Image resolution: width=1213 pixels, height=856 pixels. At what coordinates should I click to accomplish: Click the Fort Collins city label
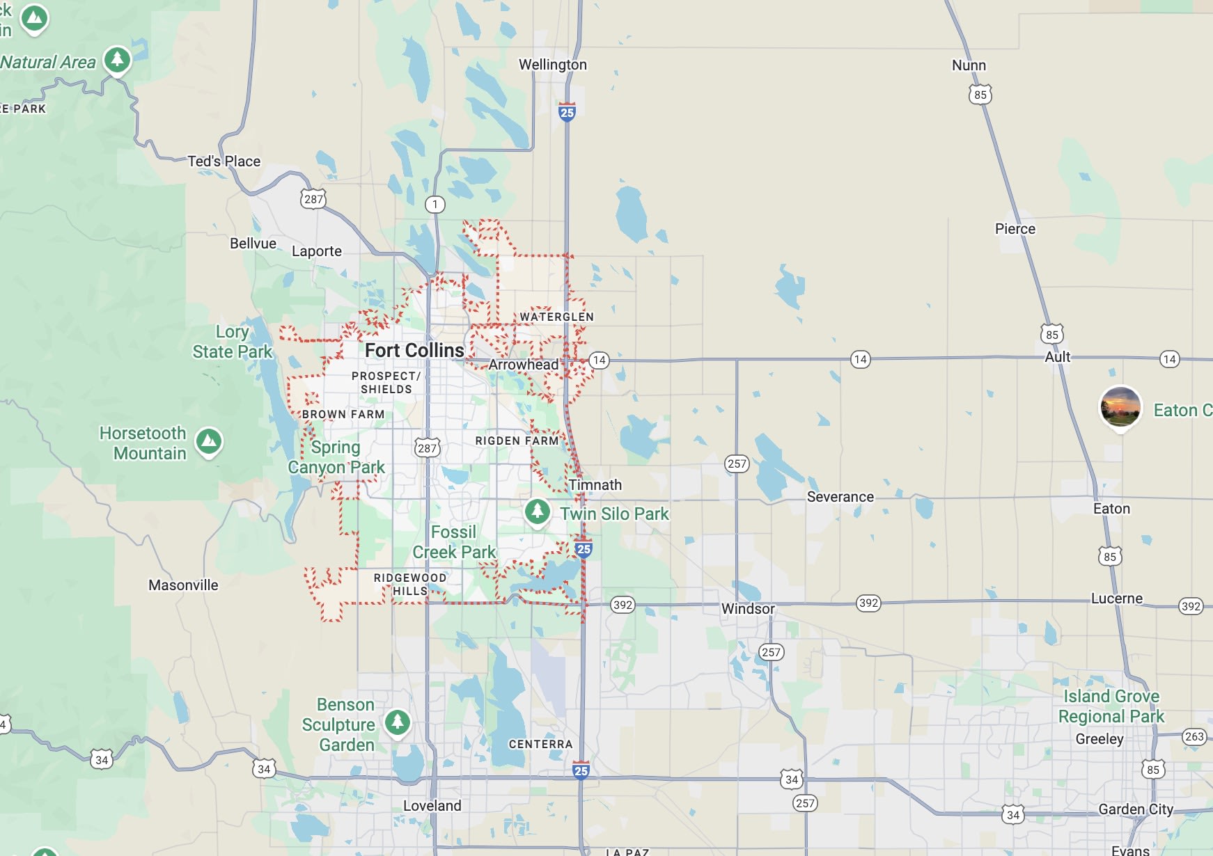point(414,350)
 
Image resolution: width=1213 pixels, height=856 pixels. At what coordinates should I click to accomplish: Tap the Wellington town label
point(553,65)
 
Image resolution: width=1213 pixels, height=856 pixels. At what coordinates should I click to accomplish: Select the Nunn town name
point(969,65)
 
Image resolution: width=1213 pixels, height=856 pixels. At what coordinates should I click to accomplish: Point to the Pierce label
point(1015,229)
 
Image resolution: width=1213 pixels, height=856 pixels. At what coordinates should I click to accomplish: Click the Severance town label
point(840,497)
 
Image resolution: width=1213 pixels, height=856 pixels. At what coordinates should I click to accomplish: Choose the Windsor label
point(748,609)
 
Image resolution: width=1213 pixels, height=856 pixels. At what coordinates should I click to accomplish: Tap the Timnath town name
point(595,485)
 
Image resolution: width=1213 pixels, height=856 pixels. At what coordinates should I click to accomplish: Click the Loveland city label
point(432,806)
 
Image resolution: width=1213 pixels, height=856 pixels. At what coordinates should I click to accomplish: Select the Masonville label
point(183,585)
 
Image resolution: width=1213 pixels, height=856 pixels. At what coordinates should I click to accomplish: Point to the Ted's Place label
point(224,161)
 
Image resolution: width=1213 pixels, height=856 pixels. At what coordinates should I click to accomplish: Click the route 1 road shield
point(435,205)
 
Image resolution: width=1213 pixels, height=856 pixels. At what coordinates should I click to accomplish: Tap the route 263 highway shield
point(1194,736)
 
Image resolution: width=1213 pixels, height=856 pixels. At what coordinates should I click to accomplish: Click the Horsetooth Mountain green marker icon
point(209,441)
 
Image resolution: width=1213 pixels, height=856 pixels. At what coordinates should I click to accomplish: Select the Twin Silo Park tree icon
point(538,512)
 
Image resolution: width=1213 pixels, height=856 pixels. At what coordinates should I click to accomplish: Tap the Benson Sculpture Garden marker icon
point(398,721)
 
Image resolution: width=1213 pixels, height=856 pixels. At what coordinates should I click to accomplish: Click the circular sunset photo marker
point(1120,406)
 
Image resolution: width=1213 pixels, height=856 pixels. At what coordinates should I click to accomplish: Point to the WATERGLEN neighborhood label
point(556,317)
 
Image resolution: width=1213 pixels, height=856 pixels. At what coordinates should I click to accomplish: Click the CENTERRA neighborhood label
point(540,745)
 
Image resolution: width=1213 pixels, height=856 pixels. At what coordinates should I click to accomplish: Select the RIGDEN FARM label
point(517,441)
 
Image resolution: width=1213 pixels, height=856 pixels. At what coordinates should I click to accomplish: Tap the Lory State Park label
point(233,342)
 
